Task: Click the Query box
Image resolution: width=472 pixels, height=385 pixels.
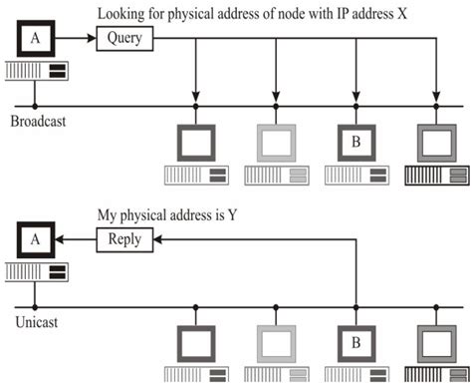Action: (x=123, y=40)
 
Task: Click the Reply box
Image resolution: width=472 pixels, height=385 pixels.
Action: (x=124, y=238)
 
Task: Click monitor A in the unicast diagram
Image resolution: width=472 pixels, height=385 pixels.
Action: (x=35, y=240)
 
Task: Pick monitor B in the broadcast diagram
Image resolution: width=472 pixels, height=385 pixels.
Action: (x=355, y=143)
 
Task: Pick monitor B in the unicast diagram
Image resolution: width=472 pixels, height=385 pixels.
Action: (x=355, y=345)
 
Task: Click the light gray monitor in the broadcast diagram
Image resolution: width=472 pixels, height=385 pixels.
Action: (x=276, y=143)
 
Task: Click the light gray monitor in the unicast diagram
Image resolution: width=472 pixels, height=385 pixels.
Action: (x=276, y=345)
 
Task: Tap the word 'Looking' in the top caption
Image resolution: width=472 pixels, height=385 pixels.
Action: (x=120, y=14)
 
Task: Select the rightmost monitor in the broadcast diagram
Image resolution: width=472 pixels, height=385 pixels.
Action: (x=436, y=143)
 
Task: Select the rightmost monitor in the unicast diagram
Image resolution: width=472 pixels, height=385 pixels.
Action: (x=436, y=345)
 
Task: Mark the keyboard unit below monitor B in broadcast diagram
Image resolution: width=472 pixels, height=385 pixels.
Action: (x=355, y=177)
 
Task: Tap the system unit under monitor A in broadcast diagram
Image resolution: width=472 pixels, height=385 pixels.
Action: (x=35, y=72)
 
